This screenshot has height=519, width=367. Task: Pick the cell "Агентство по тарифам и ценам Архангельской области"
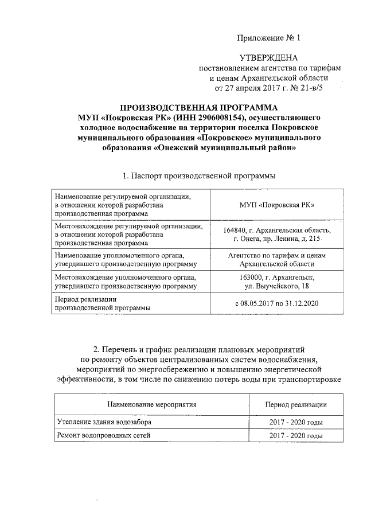[278, 259]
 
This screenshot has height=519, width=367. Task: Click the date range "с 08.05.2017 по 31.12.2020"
[278, 303]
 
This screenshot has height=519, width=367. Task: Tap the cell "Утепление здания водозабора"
[106, 422]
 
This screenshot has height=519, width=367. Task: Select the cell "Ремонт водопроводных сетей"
[103, 436]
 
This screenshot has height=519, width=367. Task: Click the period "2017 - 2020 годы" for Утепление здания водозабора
[296, 422]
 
